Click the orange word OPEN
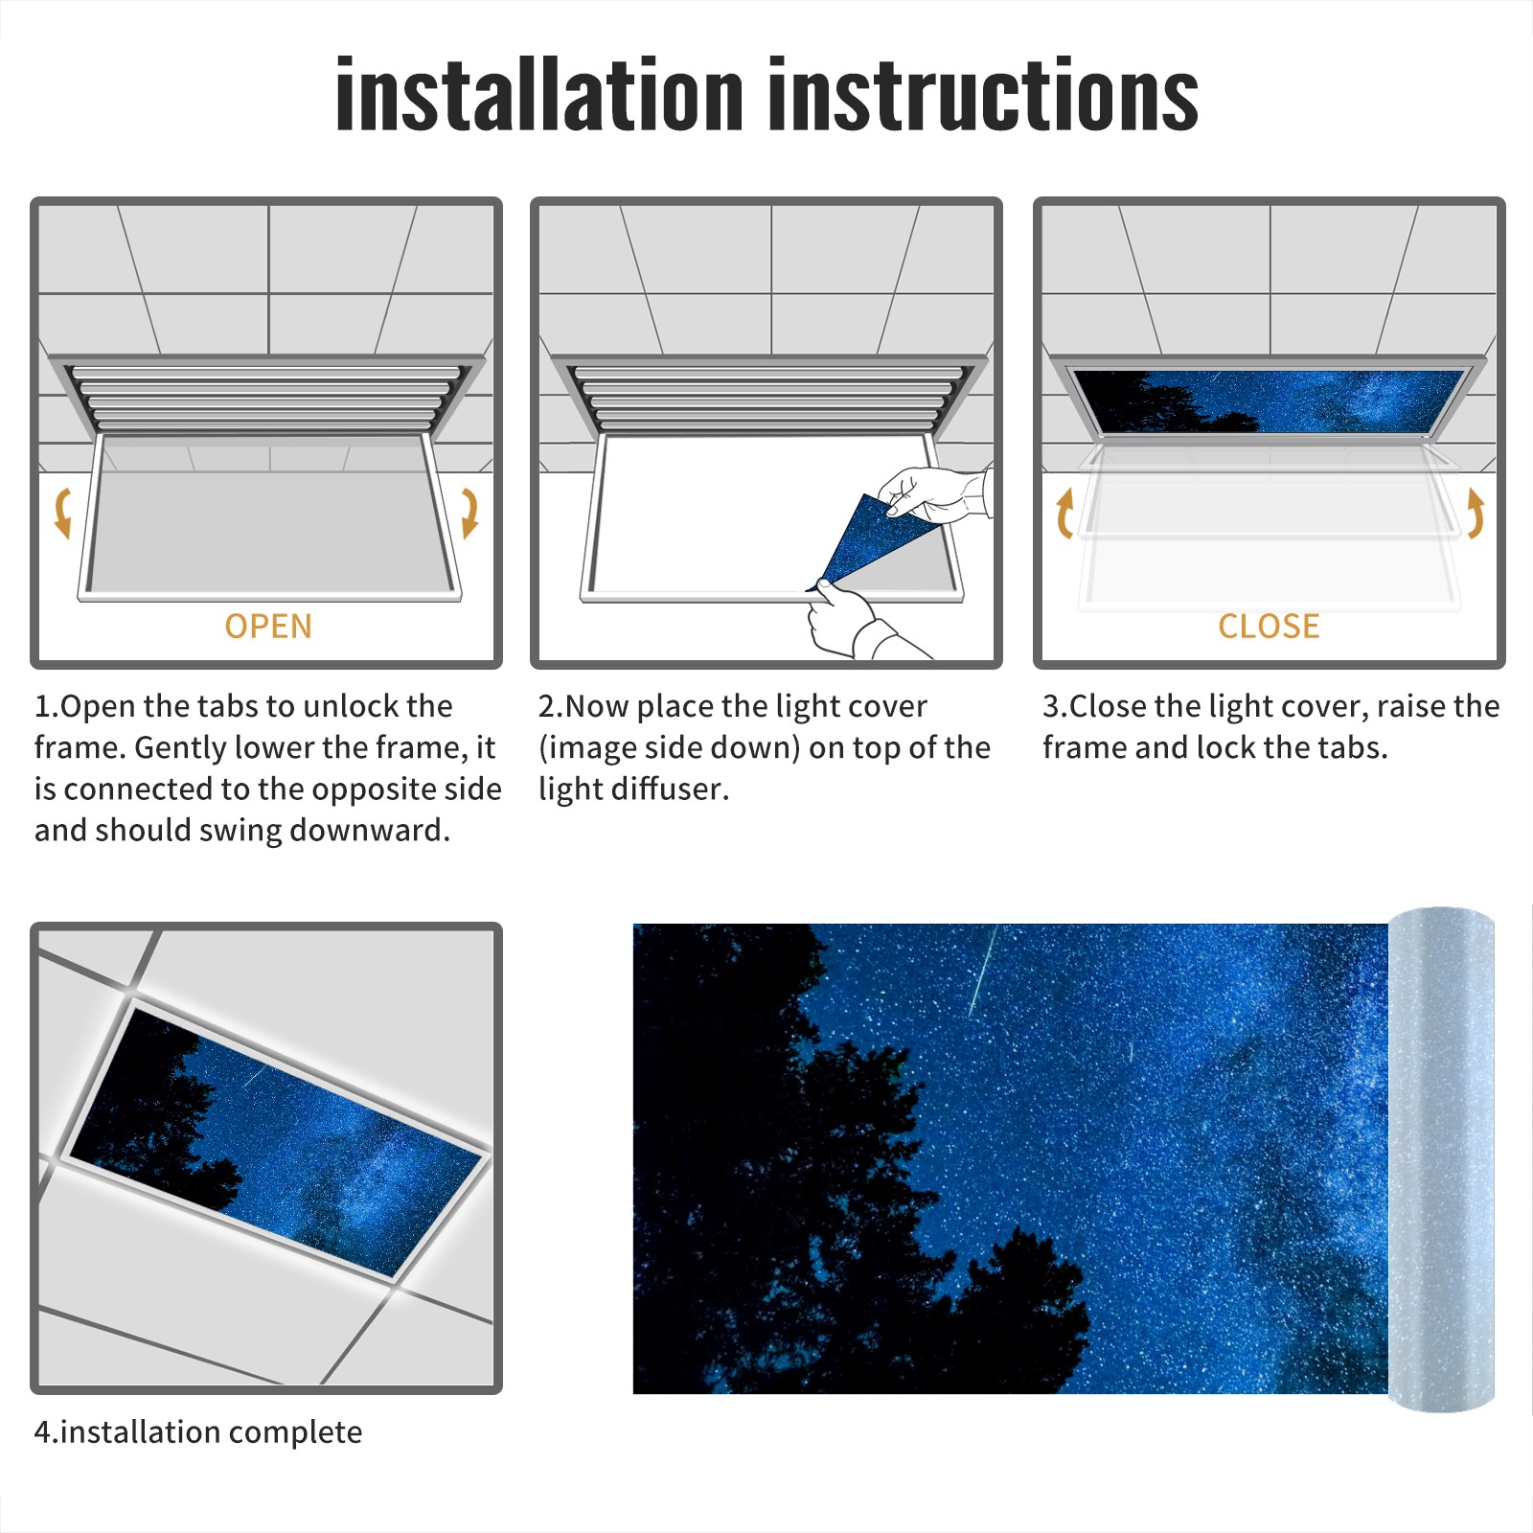pyautogui.click(x=268, y=626)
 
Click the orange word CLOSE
pyautogui.click(x=1269, y=626)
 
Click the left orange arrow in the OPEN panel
pyautogui.click(x=63, y=513)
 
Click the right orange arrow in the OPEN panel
pyautogui.click(x=469, y=513)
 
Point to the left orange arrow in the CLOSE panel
pyautogui.click(x=1064, y=513)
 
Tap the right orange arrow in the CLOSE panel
pyautogui.click(x=1476, y=513)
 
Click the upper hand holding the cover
pyautogui.click(x=934, y=493)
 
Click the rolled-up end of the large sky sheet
pyautogui.click(x=1441, y=1158)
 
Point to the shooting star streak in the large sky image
pyautogui.click(x=982, y=971)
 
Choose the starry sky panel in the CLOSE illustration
pyautogui.click(x=1270, y=400)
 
